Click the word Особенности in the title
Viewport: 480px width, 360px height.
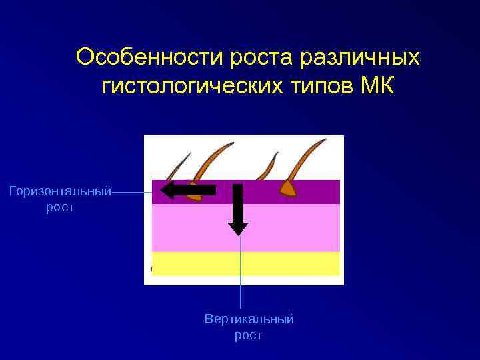click(150, 57)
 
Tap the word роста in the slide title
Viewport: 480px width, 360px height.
click(260, 57)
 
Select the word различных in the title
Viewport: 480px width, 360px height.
click(361, 57)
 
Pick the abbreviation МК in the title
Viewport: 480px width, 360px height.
click(378, 86)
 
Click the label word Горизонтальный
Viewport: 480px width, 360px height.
click(59, 192)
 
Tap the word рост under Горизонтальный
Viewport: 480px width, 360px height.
click(59, 208)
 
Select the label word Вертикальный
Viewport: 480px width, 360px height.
click(249, 319)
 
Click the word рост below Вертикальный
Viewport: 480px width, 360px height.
click(248, 335)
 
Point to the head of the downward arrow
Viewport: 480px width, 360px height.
click(238, 228)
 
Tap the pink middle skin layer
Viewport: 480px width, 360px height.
click(293, 227)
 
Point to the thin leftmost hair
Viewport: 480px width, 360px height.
click(178, 164)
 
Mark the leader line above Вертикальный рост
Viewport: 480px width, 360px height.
click(240, 273)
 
